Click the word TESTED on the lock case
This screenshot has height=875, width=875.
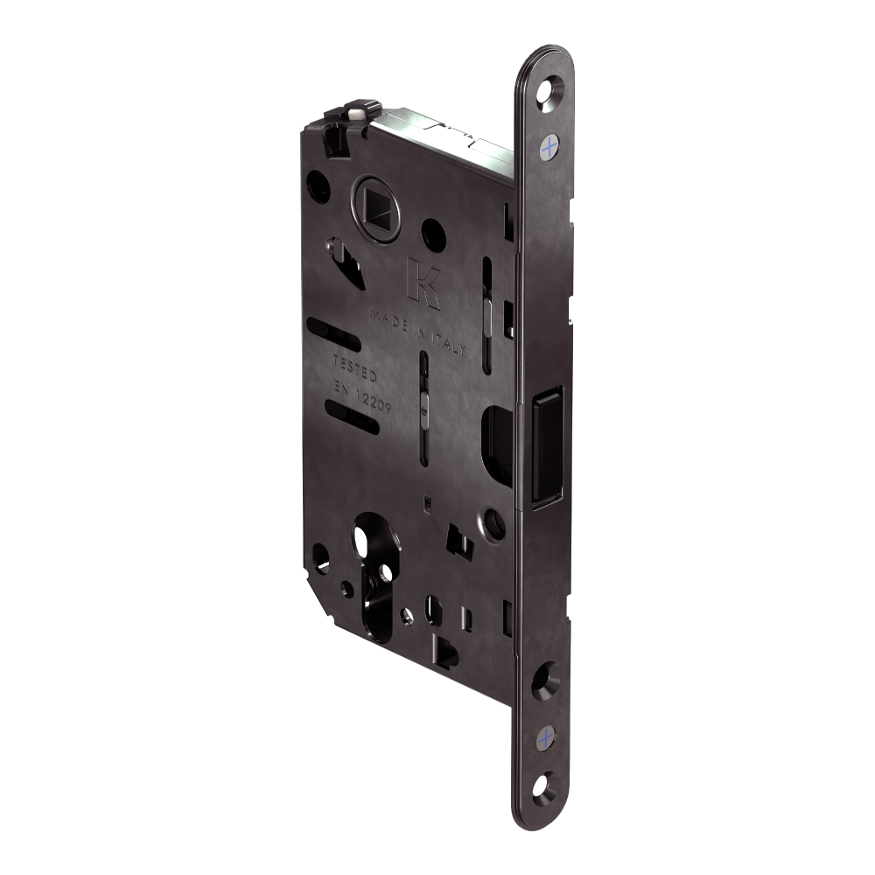tap(355, 368)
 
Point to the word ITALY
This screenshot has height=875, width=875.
tap(446, 343)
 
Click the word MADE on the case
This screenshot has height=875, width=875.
tap(389, 319)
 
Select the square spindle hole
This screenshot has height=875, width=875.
tap(375, 206)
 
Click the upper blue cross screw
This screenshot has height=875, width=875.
tap(549, 147)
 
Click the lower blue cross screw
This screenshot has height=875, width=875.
tap(546, 738)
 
